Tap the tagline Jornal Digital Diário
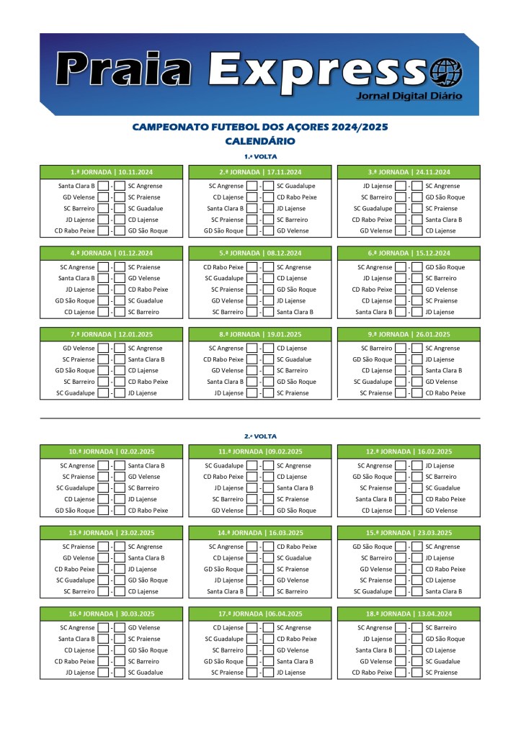point(409,96)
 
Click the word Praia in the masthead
point(124,71)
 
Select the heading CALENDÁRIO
point(259,141)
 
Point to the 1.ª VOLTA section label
point(260,156)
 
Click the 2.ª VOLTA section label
point(260,436)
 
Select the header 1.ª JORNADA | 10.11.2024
point(112,172)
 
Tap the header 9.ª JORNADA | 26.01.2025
point(409,334)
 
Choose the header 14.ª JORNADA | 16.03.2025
point(260,533)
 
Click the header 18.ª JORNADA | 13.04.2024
point(409,614)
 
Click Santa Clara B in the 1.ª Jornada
point(76,186)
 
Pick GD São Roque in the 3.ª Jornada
point(445,197)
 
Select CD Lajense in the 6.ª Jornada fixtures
point(377,301)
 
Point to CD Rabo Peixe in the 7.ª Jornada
point(148,382)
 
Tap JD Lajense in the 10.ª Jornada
point(142,499)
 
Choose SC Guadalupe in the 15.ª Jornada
point(373,591)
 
